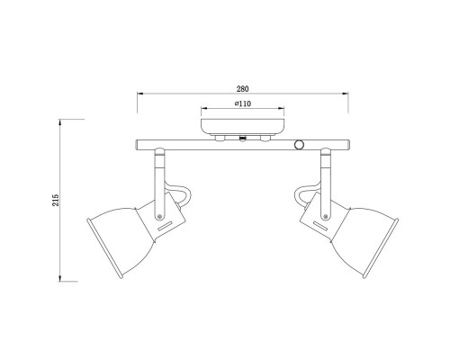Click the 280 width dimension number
pos(241,88)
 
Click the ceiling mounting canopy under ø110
pos(241,123)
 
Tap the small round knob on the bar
pos(299,144)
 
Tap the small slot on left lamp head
pos(164,230)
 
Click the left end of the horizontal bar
pos(137,145)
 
